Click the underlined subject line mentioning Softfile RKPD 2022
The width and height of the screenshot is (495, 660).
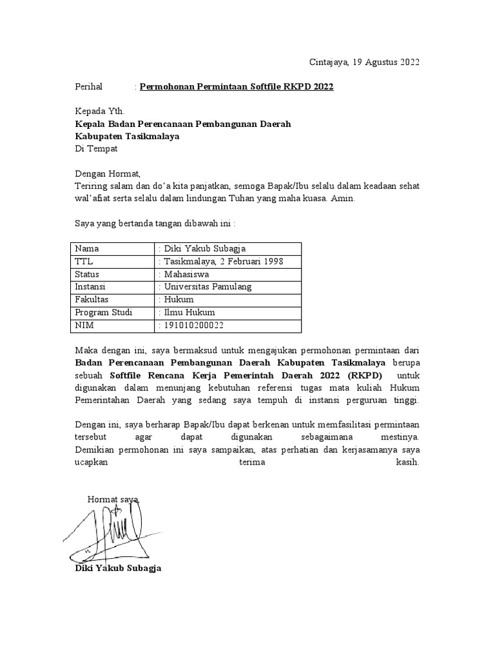(237, 86)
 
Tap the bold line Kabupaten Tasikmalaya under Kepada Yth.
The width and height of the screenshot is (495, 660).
(127, 136)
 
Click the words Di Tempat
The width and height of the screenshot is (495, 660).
(96, 148)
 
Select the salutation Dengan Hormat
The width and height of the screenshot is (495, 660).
(107, 173)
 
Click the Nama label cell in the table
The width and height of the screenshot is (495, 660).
(88, 248)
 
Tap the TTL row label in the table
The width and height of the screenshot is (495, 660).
(84, 261)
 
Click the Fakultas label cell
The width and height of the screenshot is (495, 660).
(92, 300)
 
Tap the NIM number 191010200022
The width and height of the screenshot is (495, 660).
(193, 325)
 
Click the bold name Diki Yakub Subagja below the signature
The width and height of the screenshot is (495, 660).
(119, 568)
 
